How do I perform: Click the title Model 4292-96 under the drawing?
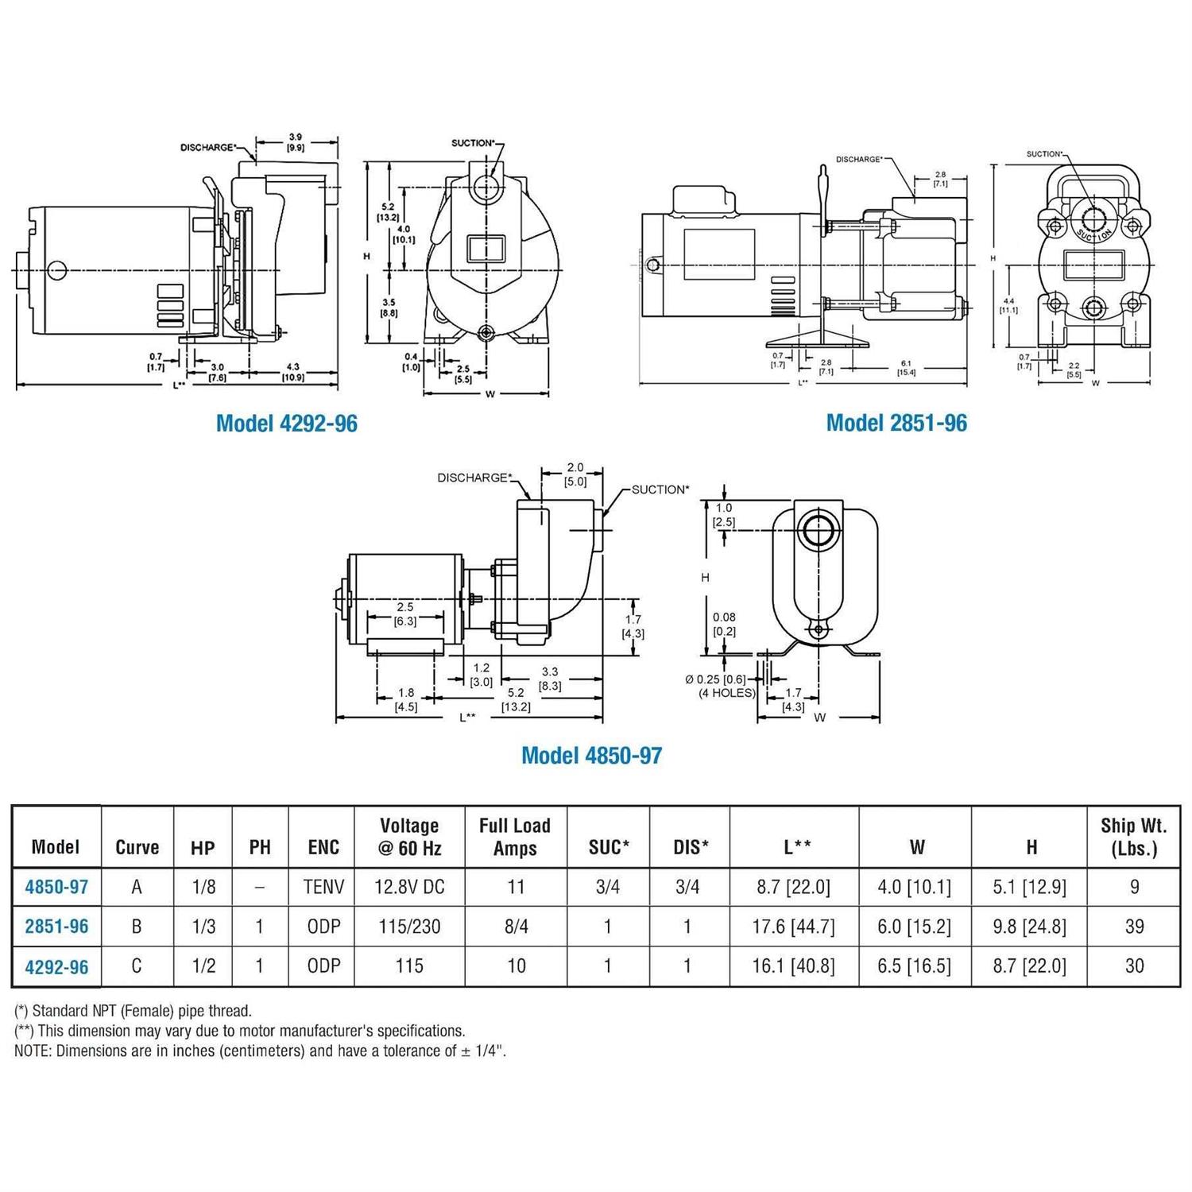[286, 423]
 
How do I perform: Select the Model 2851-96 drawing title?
[896, 423]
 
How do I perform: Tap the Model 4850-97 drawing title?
[591, 755]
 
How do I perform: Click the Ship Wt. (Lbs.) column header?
[1134, 837]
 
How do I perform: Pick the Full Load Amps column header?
[515, 837]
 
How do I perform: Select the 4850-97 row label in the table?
[56, 887]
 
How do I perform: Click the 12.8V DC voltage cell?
[409, 887]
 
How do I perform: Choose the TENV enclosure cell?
[323, 887]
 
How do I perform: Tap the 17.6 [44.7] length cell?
[793, 927]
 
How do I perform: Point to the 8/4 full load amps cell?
[516, 927]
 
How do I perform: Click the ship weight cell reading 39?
[1134, 927]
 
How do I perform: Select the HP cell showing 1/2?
[203, 966]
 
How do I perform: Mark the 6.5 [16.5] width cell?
[914, 966]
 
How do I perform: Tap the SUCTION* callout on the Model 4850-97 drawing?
[660, 490]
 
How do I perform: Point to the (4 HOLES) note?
[726, 693]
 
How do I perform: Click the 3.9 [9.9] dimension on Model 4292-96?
[296, 142]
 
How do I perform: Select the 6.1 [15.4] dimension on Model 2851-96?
[906, 368]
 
